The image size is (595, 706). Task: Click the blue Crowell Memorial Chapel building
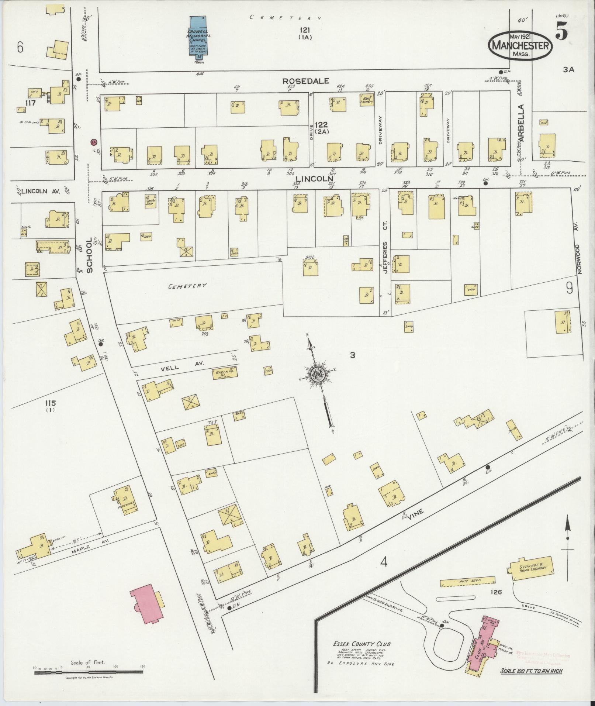click(x=198, y=37)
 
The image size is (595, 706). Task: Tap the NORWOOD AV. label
click(x=579, y=258)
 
